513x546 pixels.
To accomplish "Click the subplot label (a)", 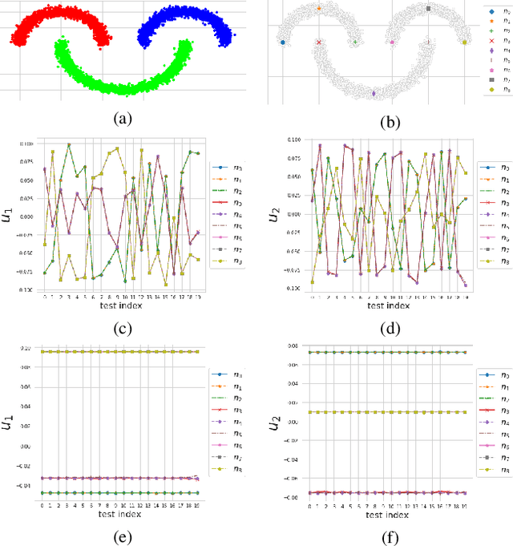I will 121,119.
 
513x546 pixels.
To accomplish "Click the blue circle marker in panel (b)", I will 282,42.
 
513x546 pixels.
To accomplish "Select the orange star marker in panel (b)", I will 318,9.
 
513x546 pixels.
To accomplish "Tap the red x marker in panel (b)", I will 318,42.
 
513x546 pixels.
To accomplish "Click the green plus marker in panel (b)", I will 355,42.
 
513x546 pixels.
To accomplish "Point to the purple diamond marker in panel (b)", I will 374,93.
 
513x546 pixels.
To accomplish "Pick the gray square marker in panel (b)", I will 428,9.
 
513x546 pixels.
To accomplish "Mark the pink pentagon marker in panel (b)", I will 392,42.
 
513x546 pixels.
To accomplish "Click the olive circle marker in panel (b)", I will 465,42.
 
